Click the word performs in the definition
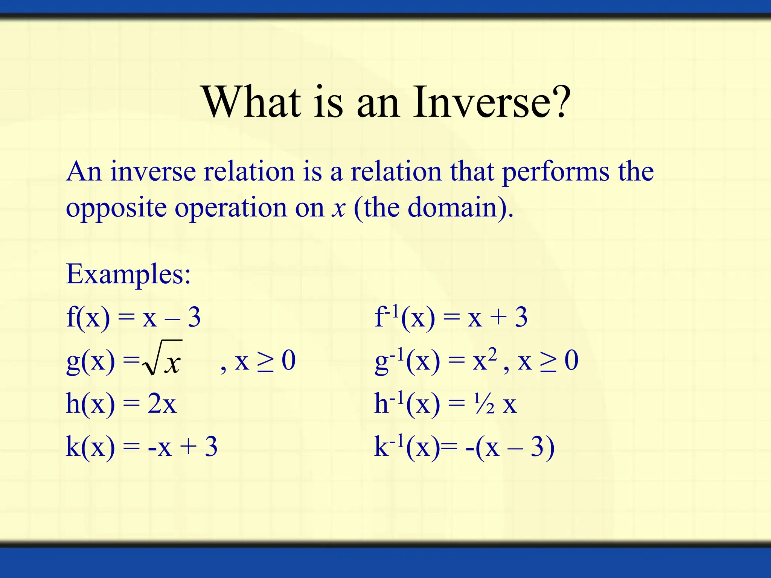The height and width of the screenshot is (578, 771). [x=556, y=172]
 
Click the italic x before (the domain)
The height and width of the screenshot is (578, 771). [x=338, y=208]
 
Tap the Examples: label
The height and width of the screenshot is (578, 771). [x=128, y=274]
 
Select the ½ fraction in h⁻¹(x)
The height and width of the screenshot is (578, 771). [x=484, y=404]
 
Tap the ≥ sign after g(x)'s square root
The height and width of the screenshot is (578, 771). [x=265, y=361]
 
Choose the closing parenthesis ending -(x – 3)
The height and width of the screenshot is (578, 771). [x=550, y=448]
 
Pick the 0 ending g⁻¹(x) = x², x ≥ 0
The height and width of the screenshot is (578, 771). [x=571, y=360]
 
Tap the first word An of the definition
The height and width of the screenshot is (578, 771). [x=84, y=172]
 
